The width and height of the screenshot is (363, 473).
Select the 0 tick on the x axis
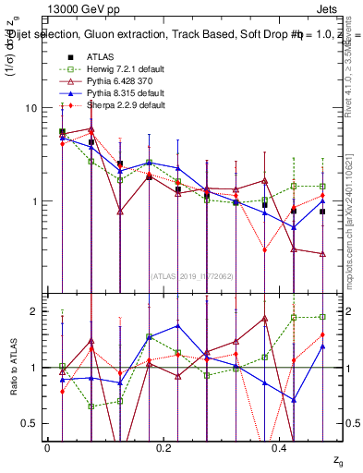point(47,447)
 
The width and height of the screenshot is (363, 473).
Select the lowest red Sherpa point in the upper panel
point(264,249)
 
